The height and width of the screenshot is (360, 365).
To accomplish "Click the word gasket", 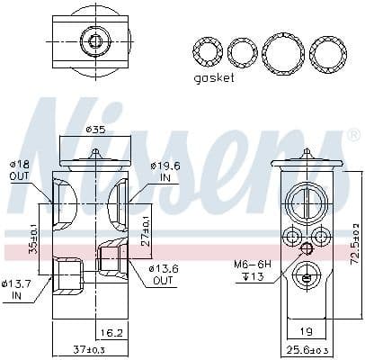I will click(213, 78).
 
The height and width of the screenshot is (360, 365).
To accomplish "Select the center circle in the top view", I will click(93, 40).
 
